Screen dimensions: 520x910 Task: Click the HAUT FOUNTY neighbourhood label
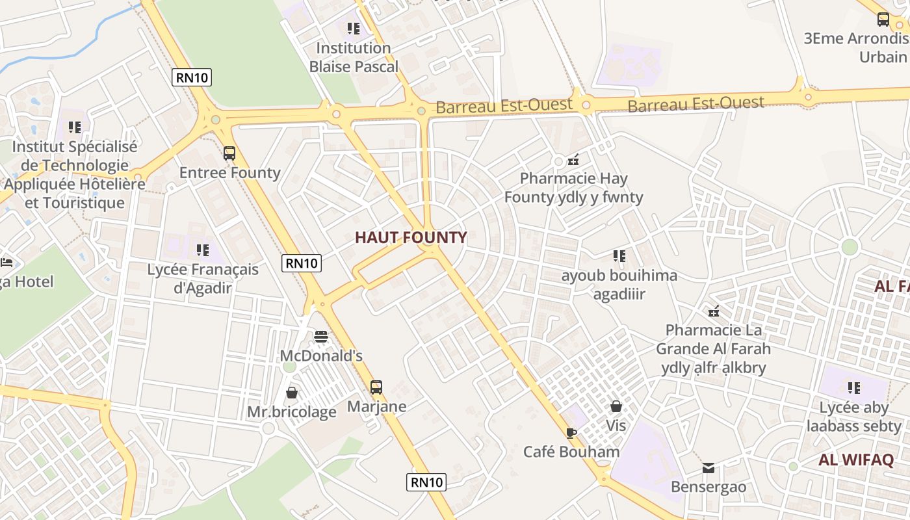pos(411,238)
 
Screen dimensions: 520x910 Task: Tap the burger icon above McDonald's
pos(321,336)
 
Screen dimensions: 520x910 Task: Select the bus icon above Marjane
pos(376,387)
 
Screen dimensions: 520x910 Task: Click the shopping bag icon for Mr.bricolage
pos(292,393)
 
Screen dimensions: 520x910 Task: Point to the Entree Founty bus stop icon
pos(229,153)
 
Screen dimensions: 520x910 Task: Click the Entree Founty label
pos(229,173)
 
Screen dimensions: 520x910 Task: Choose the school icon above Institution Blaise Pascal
pos(354,29)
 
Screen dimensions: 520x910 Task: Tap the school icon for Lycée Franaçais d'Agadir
pos(203,250)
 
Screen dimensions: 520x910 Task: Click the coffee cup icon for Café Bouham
pos(571,432)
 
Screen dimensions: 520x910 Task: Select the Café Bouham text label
pos(571,452)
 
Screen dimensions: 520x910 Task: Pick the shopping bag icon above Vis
pos(616,406)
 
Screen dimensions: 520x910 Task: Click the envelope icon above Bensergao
pos(708,468)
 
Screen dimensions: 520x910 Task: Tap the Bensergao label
pos(708,487)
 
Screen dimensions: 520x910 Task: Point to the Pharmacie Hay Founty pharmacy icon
pos(573,159)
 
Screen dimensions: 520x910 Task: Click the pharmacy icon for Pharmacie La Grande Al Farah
pos(714,311)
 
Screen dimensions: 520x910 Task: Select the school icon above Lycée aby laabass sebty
pos(854,388)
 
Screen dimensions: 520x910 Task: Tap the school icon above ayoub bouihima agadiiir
pos(619,256)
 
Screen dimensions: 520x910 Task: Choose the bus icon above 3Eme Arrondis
pos(883,19)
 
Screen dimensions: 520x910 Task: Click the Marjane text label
pos(376,407)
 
